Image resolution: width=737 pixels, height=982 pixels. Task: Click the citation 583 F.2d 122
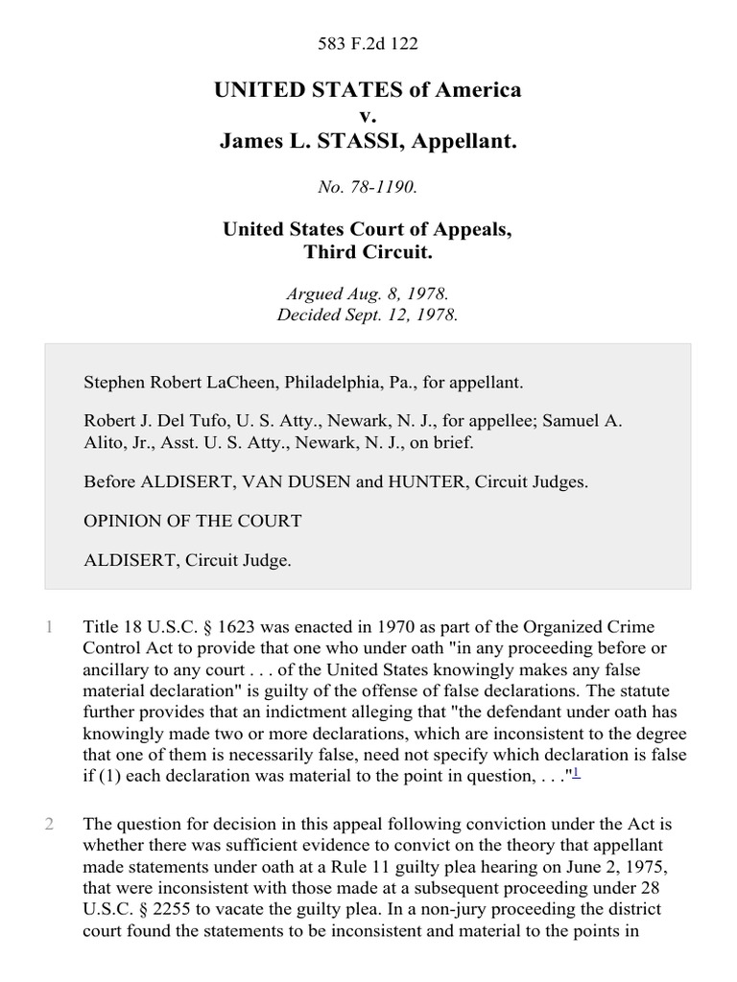pyautogui.click(x=368, y=44)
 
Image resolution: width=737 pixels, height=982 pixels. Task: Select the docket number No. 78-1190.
pyautogui.click(x=368, y=188)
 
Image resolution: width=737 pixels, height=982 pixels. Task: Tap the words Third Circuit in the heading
pyautogui.click(x=368, y=252)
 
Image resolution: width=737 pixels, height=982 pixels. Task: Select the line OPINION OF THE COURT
pyautogui.click(x=193, y=522)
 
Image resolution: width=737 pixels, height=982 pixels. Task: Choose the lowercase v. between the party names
pyautogui.click(x=368, y=116)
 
